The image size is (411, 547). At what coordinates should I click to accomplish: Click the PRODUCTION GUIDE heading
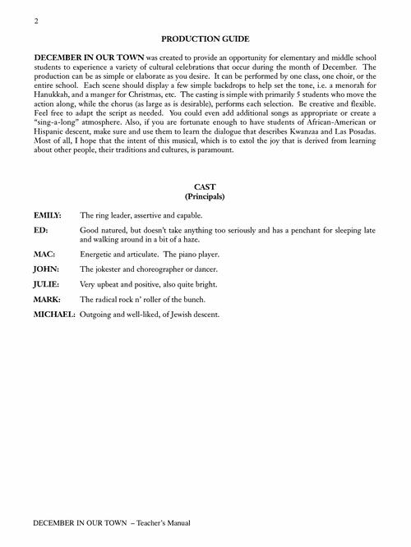(205, 39)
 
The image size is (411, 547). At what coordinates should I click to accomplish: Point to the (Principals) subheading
(205, 198)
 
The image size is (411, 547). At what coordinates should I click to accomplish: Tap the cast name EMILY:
(48, 215)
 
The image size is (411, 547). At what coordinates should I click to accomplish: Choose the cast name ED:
(40, 232)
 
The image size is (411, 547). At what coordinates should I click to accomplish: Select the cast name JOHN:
(45, 269)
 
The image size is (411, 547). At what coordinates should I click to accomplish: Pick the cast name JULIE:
(46, 283)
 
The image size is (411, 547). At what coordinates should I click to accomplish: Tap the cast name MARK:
(47, 298)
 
